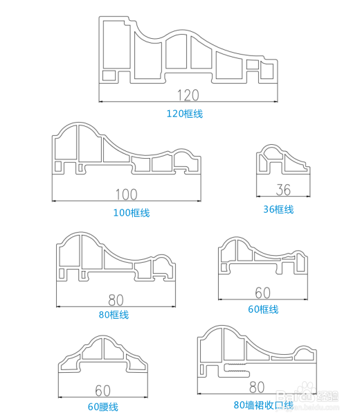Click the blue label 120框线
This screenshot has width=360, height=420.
(185, 114)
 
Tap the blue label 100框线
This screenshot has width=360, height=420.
(132, 213)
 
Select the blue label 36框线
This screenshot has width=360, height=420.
(278, 209)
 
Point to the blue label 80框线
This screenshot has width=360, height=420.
(114, 315)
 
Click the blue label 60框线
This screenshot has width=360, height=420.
(263, 309)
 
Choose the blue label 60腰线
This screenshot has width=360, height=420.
(103, 407)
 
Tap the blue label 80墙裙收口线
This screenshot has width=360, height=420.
(264, 405)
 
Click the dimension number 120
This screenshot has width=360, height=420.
(188, 95)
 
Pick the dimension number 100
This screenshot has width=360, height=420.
(126, 195)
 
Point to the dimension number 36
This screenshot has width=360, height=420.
(283, 190)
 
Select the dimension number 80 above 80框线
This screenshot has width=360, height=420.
(116, 300)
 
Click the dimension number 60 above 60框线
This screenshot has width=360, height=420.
(262, 292)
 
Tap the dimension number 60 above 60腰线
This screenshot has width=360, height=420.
(102, 391)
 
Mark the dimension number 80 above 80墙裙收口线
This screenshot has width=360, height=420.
(257, 387)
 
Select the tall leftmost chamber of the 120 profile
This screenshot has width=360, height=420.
(116, 44)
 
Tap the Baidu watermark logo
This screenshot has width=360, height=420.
(307, 394)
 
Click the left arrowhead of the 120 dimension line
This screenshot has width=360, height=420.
(100, 101)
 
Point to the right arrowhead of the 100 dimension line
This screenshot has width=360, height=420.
(199, 200)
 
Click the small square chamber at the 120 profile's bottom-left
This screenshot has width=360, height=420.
(109, 76)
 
